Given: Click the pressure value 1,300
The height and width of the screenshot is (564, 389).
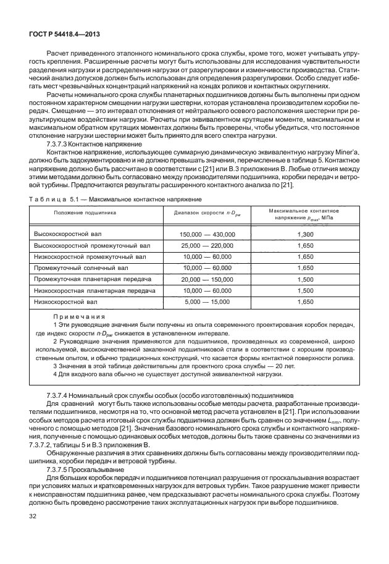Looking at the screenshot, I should point(305,234).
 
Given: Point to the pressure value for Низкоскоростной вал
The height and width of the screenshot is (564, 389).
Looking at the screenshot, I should point(305,301).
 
